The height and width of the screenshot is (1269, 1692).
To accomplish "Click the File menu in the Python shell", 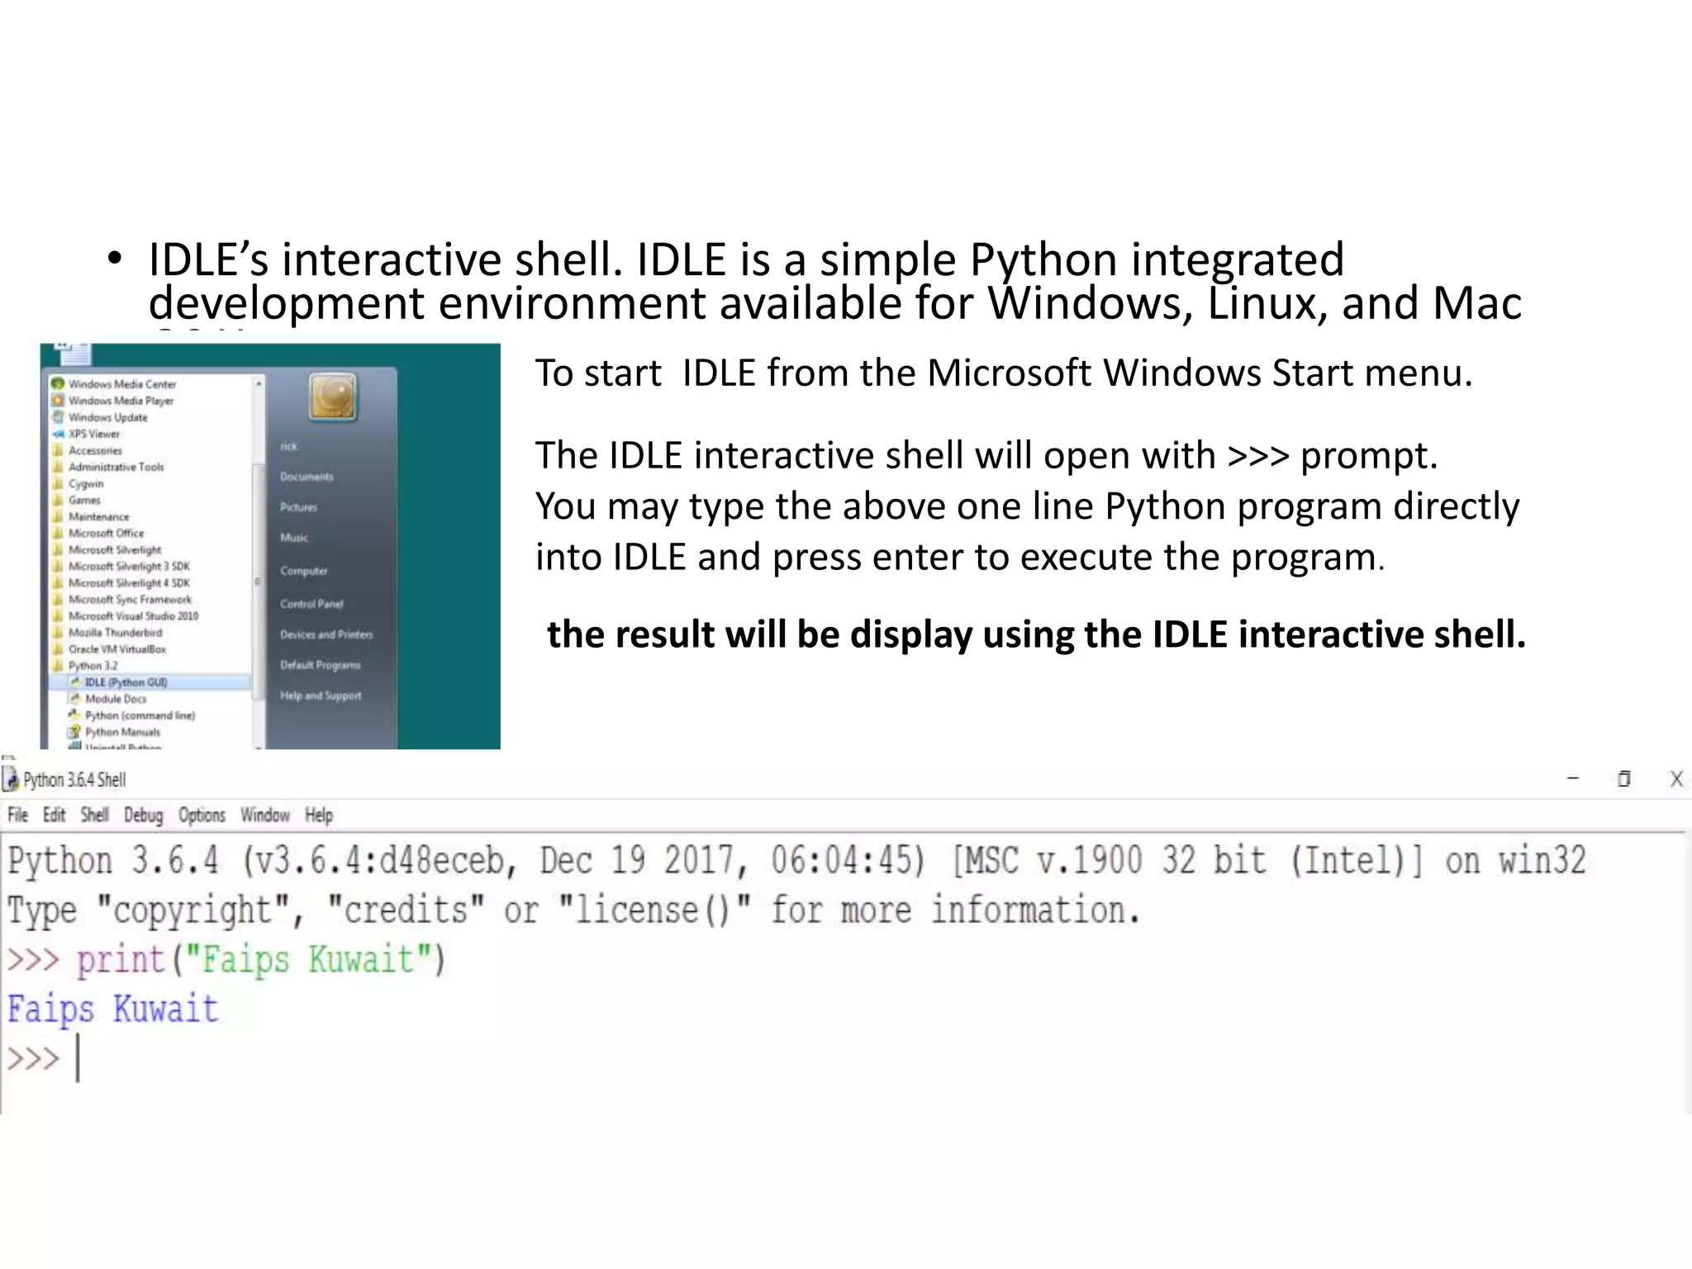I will [17, 815].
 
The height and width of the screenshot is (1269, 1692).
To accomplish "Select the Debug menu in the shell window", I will [143, 815].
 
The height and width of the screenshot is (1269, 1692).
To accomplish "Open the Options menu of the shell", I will [202, 815].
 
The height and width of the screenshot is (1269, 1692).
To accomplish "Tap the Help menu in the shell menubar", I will [318, 815].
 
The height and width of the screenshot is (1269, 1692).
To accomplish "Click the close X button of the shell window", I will [1675, 779].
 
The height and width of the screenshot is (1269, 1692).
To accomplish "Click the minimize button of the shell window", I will [1572, 779].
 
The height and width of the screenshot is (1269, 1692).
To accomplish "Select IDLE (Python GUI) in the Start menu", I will [126, 682].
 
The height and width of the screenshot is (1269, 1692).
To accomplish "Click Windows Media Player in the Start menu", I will [121, 401].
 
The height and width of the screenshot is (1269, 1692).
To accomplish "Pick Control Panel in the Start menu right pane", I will [311, 604].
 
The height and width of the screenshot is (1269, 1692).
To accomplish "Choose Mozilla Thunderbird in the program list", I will [115, 633].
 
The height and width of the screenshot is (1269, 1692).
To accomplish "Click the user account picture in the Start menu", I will [333, 397].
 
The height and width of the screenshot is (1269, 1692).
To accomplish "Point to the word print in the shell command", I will [121, 960].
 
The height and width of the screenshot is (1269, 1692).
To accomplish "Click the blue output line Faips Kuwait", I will [113, 1010].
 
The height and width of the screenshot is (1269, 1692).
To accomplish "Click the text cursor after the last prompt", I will [78, 1058].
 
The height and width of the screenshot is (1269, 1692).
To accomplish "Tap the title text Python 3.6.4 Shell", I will [74, 780].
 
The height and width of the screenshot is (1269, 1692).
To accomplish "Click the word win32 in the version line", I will [1542, 861].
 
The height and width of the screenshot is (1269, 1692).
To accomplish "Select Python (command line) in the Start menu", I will [140, 715].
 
